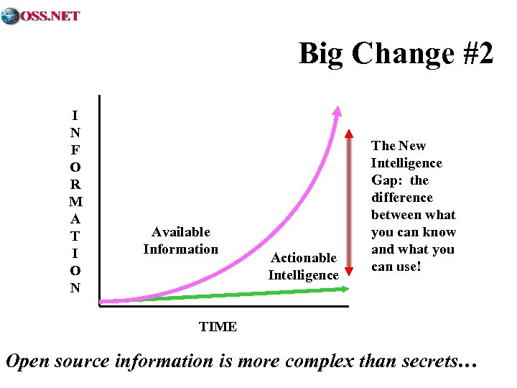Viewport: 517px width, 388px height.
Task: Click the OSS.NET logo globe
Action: click(10, 16)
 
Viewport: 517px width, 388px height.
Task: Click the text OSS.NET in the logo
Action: click(50, 16)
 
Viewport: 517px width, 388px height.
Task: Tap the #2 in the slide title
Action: click(474, 54)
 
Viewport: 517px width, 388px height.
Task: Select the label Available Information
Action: click(181, 241)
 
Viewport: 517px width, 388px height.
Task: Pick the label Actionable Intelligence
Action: click(304, 267)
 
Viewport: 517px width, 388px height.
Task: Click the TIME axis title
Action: click(218, 327)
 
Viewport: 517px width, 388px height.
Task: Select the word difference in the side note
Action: click(402, 198)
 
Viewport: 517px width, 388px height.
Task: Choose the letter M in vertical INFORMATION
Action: click(75, 202)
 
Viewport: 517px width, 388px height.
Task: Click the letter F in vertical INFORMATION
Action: click(75, 150)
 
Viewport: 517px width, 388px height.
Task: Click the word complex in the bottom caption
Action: click(319, 361)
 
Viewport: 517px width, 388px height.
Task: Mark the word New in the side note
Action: click(413, 146)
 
